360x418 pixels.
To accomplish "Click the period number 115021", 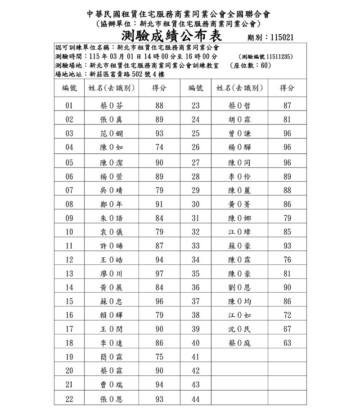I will (x=282, y=38).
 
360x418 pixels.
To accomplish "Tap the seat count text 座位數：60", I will (x=250, y=66).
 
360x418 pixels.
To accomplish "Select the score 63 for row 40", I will (x=287, y=343).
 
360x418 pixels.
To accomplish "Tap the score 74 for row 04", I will (x=159, y=147).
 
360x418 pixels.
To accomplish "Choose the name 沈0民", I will (x=239, y=329).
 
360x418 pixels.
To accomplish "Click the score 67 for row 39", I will (x=287, y=329).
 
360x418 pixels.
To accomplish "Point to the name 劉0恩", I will (x=239, y=288).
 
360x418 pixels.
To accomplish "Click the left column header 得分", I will (x=159, y=89).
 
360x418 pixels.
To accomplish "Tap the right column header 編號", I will (x=195, y=89).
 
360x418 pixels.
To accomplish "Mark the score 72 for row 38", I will (x=287, y=316).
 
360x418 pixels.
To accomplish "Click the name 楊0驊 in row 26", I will (x=239, y=147).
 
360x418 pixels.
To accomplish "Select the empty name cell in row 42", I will (x=239, y=371).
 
